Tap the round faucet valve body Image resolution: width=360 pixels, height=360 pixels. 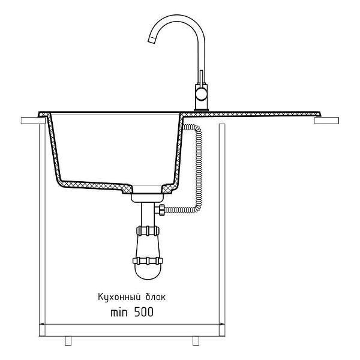pyautogui.click(x=202, y=94)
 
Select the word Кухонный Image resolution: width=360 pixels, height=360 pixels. pyautogui.click(x=119, y=297)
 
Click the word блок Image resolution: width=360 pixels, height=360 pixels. pyautogui.click(x=155, y=297)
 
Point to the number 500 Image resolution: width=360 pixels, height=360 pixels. pyautogui.click(x=144, y=312)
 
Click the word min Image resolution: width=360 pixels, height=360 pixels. pyautogui.click(x=119, y=313)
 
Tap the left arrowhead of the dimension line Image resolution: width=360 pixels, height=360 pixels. pyautogui.click(x=42, y=324)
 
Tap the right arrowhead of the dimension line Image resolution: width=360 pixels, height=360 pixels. pyautogui.click(x=222, y=324)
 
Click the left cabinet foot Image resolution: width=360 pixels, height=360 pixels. pyautogui.click(x=68, y=341)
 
